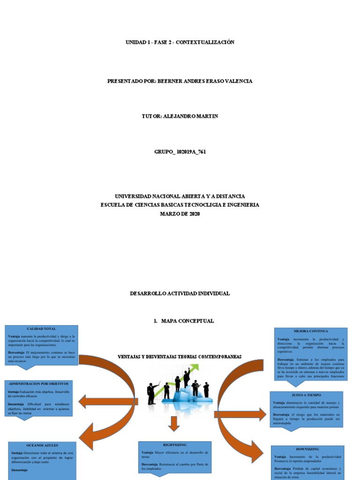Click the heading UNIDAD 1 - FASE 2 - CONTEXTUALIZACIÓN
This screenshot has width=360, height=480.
tap(180, 42)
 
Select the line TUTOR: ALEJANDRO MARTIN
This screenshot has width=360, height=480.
tap(180, 116)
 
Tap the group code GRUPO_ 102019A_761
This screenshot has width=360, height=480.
tap(180, 152)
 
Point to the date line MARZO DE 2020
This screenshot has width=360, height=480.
tap(180, 214)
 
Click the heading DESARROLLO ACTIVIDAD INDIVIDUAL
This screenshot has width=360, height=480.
tap(180, 293)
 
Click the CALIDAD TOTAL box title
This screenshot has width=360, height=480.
tap(41, 329)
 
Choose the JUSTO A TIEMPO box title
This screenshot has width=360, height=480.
tap(307, 395)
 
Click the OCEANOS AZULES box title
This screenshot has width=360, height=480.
tap(42, 445)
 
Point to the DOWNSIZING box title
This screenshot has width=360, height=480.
tap(308, 449)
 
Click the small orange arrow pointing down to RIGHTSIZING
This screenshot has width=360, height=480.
tap(174, 424)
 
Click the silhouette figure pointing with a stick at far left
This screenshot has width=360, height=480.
tap(152, 393)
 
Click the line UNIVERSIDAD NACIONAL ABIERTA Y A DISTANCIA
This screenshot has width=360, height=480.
tap(180, 196)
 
